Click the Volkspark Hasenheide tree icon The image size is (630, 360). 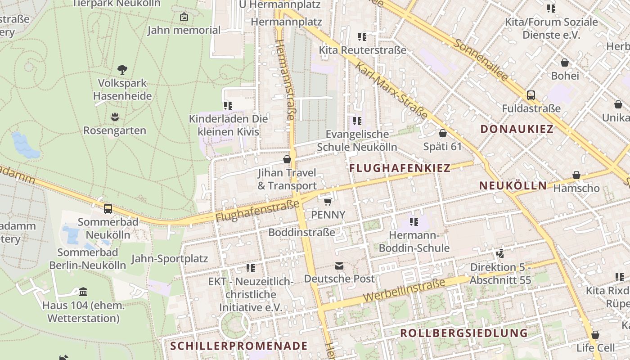click(122, 69)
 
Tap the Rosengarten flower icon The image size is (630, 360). click(115, 117)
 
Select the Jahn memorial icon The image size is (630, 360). click(184, 17)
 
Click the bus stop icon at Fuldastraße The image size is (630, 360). click(531, 95)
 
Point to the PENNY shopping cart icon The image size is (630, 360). click(328, 201)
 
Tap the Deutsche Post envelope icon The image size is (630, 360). click(339, 266)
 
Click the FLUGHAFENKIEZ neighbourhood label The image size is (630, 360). click(400, 168)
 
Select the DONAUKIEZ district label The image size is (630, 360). click(517, 129)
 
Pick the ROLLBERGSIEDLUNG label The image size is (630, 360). click(463, 333)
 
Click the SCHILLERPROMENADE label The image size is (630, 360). click(239, 346)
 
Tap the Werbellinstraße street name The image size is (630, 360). click(404, 290)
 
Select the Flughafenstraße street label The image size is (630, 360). click(257, 211)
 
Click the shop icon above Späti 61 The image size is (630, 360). click(442, 133)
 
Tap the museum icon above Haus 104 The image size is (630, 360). click(83, 292)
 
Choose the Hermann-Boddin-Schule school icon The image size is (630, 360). click(414, 221)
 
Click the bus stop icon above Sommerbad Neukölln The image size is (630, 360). click(108, 209)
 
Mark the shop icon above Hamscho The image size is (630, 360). click(576, 175)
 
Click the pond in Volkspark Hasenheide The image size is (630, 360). click(24, 145)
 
